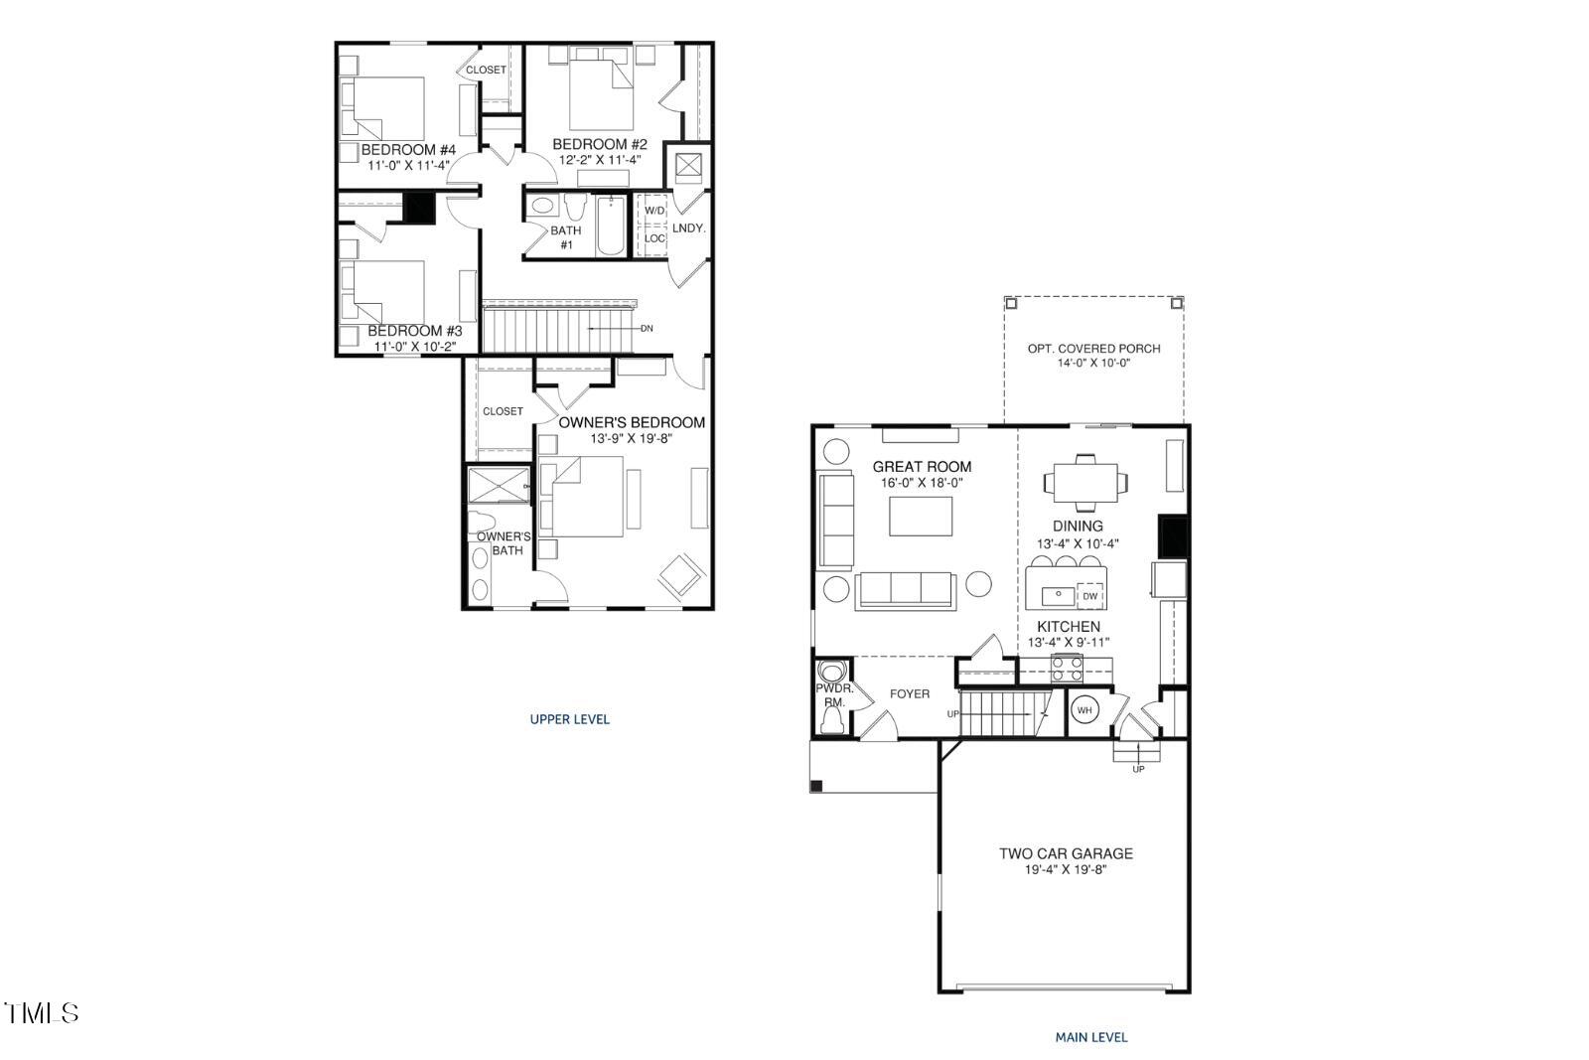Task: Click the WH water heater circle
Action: coord(1084,710)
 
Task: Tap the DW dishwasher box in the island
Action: coord(1090,596)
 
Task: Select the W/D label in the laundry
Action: coord(654,211)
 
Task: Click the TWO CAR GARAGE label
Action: coord(1066,853)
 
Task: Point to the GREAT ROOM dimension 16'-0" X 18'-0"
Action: coord(923,483)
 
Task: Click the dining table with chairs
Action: coord(1086,483)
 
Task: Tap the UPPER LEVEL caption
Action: coord(569,719)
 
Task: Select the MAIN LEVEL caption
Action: coord(1090,1037)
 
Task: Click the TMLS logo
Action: coord(42,1013)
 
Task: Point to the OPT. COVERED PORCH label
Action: coord(1093,349)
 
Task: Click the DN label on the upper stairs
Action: coord(647,328)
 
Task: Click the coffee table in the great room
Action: coord(921,516)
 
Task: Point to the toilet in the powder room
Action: coord(831,717)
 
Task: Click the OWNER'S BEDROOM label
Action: coord(632,422)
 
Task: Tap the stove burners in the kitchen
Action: coord(1066,669)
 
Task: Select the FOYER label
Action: coord(910,693)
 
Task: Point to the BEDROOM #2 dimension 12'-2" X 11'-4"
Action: coord(600,160)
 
